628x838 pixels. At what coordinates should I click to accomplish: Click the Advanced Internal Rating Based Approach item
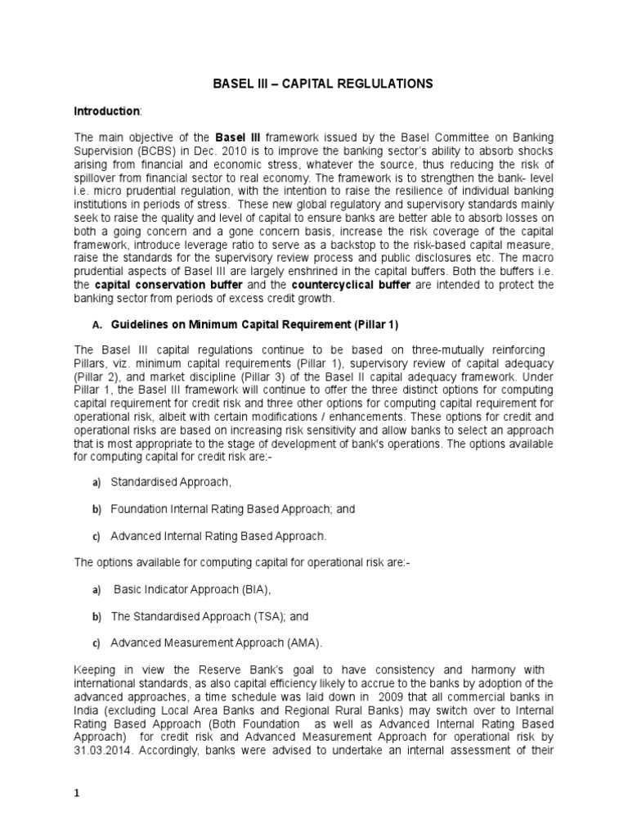click(x=218, y=536)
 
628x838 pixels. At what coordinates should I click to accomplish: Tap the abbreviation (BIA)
click(x=253, y=588)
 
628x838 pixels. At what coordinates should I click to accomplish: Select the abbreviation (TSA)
click(x=261, y=615)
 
